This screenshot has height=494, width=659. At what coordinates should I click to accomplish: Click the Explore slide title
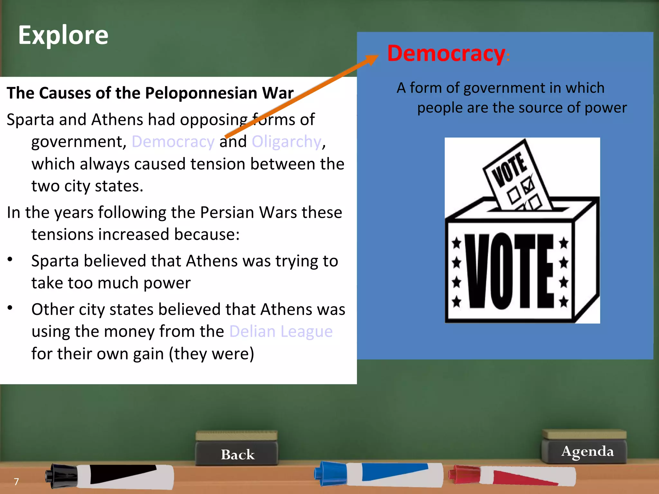click(x=63, y=35)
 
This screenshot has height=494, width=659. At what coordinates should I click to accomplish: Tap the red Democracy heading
click(x=446, y=53)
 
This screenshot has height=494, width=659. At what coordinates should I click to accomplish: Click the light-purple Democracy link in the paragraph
click(x=173, y=142)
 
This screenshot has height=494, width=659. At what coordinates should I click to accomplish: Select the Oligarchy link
click(x=286, y=142)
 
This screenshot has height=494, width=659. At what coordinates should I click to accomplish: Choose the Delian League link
click(x=281, y=331)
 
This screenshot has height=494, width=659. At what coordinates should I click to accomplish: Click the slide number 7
click(x=16, y=481)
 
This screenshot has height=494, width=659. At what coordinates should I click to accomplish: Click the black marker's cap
click(x=61, y=475)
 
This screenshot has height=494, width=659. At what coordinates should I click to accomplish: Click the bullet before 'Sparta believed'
click(x=10, y=259)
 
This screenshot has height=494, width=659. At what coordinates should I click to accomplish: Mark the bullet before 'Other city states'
click(x=10, y=308)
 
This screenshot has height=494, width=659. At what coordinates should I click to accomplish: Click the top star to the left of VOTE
click(x=456, y=243)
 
